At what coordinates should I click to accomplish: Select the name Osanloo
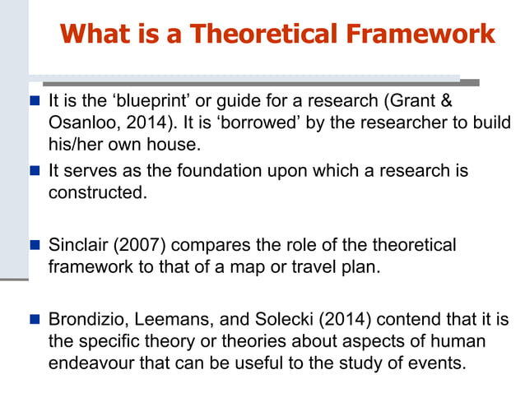pyautogui.click(x=81, y=123)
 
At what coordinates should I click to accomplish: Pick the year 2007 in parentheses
pyautogui.click(x=141, y=245)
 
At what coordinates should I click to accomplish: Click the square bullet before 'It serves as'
pyautogui.click(x=35, y=171)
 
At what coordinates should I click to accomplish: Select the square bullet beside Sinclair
pyautogui.click(x=35, y=246)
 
